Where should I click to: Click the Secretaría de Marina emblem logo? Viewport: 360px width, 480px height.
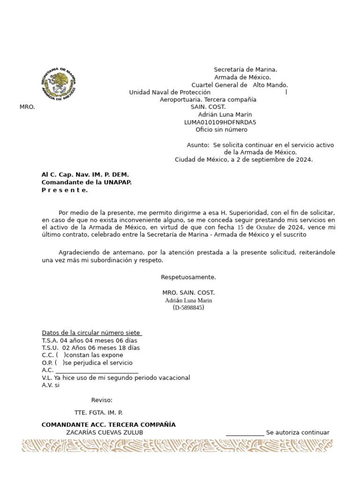click(58, 84)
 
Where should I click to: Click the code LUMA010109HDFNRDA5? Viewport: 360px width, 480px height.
click(220, 122)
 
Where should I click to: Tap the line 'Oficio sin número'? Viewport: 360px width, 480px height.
click(221, 130)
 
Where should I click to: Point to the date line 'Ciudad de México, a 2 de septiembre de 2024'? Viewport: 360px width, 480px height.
click(243, 160)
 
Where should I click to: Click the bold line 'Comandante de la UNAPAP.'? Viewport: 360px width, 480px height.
click(86, 182)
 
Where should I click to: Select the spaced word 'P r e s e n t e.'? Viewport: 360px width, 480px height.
click(65, 190)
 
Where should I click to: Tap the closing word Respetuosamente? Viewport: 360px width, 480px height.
click(188, 277)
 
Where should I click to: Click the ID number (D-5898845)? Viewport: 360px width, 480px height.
click(188, 307)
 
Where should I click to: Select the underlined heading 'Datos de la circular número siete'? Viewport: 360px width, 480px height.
click(91, 333)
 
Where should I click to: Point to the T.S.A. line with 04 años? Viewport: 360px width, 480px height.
click(89, 340)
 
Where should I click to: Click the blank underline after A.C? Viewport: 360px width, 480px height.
click(97, 371)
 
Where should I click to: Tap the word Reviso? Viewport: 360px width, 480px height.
click(102, 400)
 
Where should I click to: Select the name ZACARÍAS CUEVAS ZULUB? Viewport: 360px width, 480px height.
click(105, 433)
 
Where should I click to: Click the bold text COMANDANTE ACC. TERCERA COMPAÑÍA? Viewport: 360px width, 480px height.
click(108, 425)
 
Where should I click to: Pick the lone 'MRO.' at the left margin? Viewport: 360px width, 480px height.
click(27, 107)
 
